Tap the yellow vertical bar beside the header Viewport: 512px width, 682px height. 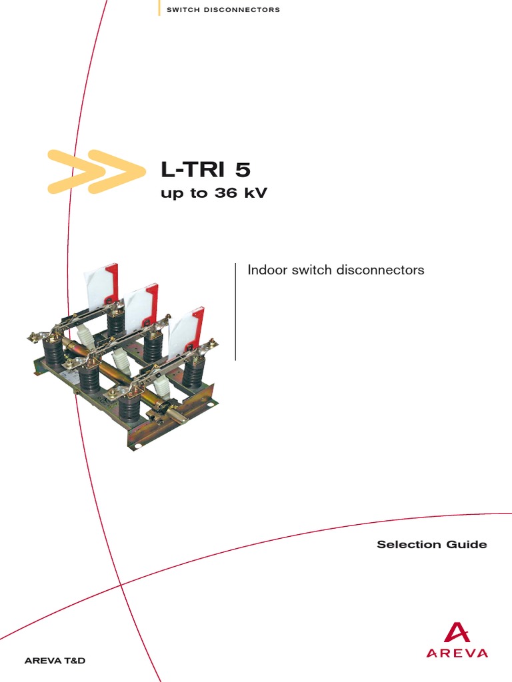point(159,8)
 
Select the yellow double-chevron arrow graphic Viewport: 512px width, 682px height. point(96,172)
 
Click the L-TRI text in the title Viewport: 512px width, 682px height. point(194,170)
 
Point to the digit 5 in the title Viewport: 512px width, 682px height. point(243,170)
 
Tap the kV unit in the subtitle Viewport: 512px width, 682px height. point(254,194)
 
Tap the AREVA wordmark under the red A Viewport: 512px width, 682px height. point(457,653)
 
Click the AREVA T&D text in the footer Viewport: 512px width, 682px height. point(55,661)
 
